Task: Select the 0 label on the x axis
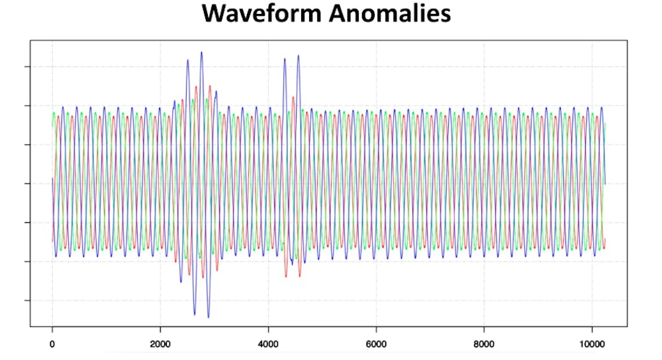[x=52, y=344]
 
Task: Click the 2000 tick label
[x=160, y=344]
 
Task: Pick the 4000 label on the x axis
[x=268, y=344]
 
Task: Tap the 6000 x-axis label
[x=376, y=344]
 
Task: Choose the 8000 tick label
[x=484, y=344]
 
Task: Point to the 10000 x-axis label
[x=592, y=344]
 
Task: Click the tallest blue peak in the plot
[x=201, y=53]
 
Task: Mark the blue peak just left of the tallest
[x=187, y=61]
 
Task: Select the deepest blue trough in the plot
[x=208, y=317]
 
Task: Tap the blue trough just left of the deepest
[x=195, y=314]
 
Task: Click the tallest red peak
[x=210, y=86]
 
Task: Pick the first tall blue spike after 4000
[x=285, y=59]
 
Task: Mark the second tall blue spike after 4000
[x=299, y=56]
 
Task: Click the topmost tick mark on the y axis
[x=26, y=67]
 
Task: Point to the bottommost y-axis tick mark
[x=26, y=300]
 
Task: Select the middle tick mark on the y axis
[x=26, y=183]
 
